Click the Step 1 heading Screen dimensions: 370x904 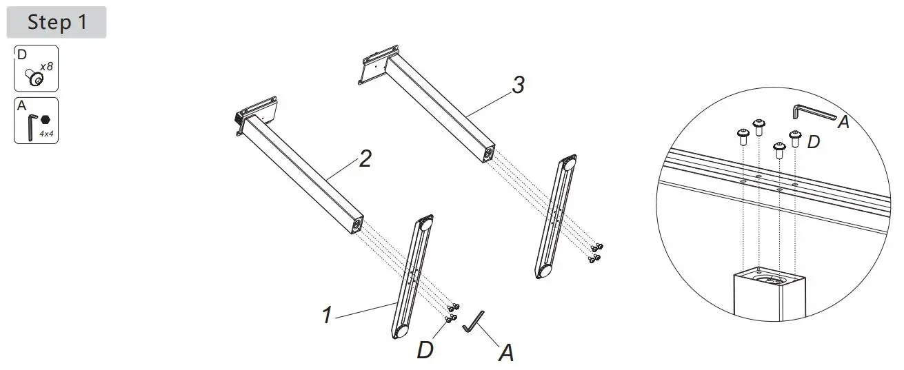click(57, 22)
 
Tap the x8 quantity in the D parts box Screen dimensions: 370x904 click(47, 67)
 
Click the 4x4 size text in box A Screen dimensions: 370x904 click(47, 134)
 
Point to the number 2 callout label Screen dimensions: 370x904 click(365, 160)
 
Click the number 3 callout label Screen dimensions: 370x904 click(518, 85)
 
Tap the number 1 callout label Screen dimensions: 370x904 click(328, 316)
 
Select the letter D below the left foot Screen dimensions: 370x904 click(425, 350)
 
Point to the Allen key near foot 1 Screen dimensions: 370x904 click(474, 321)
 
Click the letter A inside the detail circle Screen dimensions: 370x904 click(843, 123)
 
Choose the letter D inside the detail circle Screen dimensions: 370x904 click(814, 143)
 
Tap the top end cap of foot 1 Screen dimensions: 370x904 click(426, 223)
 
